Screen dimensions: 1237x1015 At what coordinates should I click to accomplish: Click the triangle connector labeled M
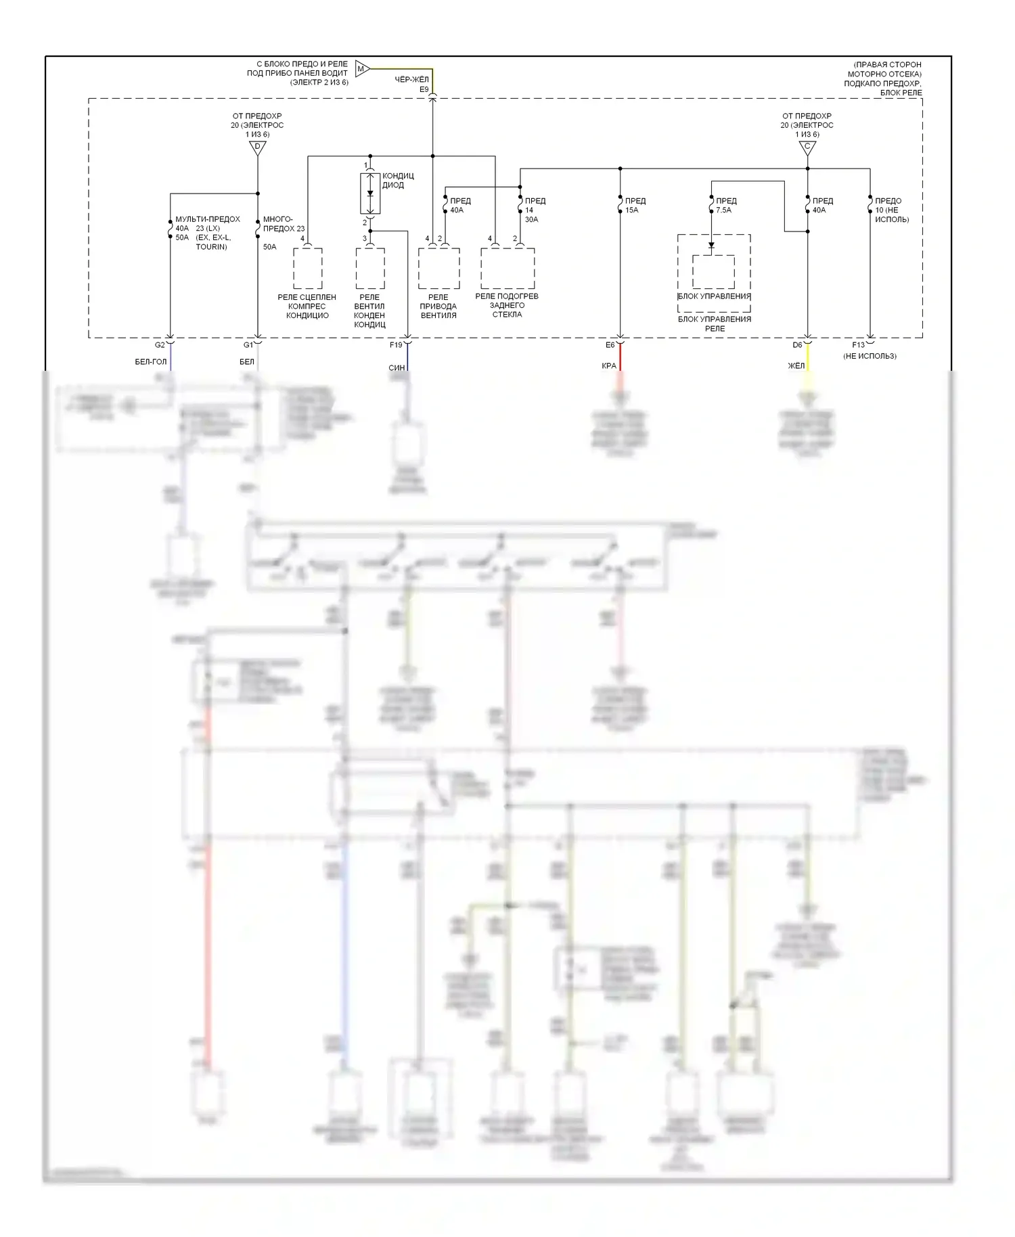(361, 68)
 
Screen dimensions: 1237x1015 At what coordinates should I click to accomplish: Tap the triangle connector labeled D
(257, 148)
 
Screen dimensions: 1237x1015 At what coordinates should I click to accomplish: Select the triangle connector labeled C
(807, 148)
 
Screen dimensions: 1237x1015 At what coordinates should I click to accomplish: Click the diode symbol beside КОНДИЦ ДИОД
(370, 194)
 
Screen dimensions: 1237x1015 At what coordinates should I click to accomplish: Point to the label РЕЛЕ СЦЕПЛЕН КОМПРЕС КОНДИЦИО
(307, 306)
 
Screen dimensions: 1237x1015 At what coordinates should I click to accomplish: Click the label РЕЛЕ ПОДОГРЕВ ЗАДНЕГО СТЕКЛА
(507, 305)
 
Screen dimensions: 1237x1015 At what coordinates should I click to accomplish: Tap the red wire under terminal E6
(620, 357)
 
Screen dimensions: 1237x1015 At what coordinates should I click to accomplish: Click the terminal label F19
(396, 345)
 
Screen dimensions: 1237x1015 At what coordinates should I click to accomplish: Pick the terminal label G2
(160, 345)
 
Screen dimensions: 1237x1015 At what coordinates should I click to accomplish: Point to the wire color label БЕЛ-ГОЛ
(150, 362)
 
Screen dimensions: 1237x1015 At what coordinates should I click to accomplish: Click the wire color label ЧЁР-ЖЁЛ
(411, 80)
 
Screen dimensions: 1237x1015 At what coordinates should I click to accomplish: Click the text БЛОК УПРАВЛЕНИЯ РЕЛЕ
(715, 323)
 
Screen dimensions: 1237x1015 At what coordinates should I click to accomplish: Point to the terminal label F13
(858, 345)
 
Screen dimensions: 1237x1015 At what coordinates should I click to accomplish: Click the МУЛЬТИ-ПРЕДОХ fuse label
(208, 219)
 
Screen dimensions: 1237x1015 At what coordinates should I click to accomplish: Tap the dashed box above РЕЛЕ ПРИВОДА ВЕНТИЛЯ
(438, 268)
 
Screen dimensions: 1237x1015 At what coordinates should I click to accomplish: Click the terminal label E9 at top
(424, 89)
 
